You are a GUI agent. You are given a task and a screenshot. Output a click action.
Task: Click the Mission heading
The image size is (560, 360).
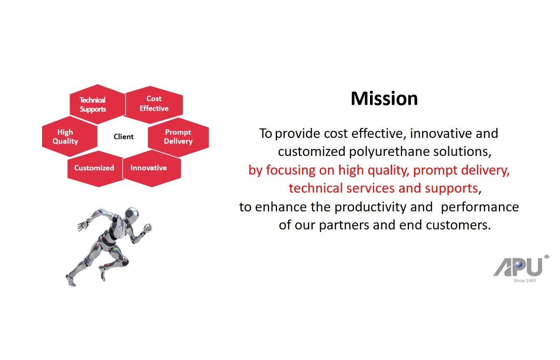(384, 99)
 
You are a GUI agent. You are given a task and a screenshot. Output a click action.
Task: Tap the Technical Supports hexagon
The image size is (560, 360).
(98, 104)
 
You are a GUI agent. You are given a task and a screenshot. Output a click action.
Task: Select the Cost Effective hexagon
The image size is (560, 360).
(154, 105)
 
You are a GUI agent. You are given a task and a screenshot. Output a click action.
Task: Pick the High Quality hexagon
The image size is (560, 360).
(69, 136)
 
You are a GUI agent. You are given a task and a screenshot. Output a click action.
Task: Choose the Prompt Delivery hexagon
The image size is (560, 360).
(178, 137)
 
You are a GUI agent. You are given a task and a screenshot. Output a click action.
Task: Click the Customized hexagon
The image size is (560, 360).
(95, 169)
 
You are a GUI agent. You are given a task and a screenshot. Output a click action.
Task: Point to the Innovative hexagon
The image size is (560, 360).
(152, 168)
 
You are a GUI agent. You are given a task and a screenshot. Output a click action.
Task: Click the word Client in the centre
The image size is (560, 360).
(123, 137)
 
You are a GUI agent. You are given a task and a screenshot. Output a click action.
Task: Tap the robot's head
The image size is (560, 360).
(131, 214)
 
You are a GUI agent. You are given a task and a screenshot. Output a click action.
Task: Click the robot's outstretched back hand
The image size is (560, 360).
(83, 226)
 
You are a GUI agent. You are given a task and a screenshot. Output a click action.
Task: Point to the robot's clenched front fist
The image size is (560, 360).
(148, 228)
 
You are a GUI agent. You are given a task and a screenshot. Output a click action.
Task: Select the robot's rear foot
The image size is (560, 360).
(71, 281)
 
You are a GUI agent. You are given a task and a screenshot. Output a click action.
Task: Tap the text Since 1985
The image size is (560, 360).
(525, 281)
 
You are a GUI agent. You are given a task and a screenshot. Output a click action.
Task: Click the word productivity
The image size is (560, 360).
(383, 207)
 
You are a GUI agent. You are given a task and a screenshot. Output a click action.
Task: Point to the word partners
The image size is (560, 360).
(344, 225)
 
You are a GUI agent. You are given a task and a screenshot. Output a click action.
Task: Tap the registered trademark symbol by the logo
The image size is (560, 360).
(547, 257)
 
